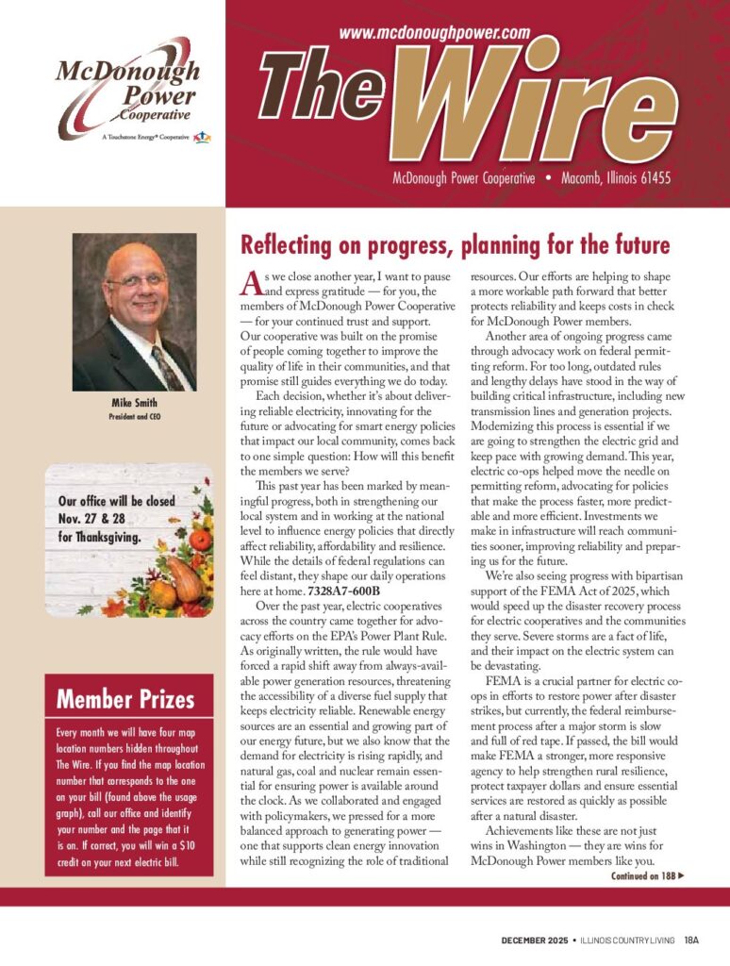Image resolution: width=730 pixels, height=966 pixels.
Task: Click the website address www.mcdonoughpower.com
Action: [434, 33]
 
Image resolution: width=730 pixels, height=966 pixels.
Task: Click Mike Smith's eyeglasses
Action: [137, 280]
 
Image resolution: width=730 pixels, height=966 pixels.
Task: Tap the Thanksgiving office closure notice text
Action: [117, 521]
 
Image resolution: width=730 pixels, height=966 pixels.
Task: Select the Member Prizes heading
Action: [125, 699]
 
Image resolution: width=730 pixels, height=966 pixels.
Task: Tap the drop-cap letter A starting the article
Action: [250, 280]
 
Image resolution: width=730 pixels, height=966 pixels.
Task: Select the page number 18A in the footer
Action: [692, 940]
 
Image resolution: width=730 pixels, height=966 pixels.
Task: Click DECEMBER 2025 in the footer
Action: [535, 940]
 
